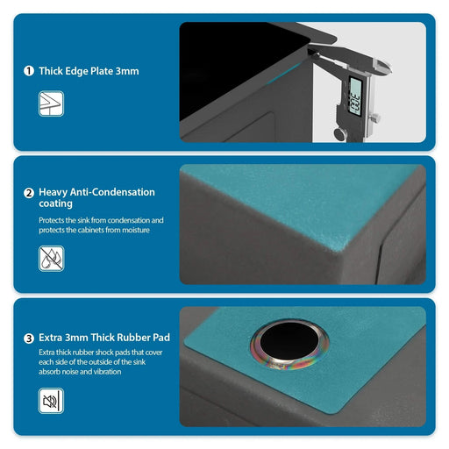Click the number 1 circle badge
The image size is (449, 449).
pos(29,71)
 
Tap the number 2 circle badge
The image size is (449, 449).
pos(29,192)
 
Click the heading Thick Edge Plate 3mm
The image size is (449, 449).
pos(89,71)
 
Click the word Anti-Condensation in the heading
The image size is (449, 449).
pos(115,192)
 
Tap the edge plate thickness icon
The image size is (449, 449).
pos(50,103)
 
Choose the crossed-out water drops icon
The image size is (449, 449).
pos(50,257)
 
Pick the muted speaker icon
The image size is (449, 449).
pos(50,402)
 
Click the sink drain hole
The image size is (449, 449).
pos(289,345)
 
